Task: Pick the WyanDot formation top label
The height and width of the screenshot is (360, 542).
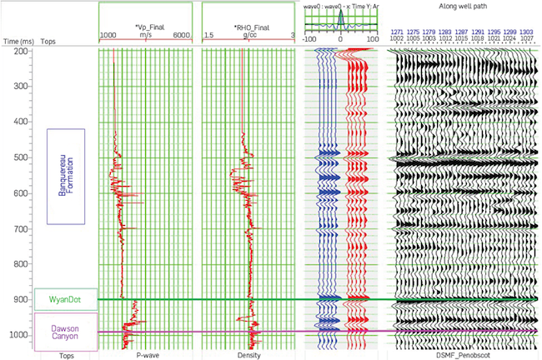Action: click(x=66, y=299)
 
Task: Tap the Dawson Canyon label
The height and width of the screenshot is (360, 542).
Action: click(x=66, y=333)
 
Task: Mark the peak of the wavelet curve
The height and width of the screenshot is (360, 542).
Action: click(x=340, y=10)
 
